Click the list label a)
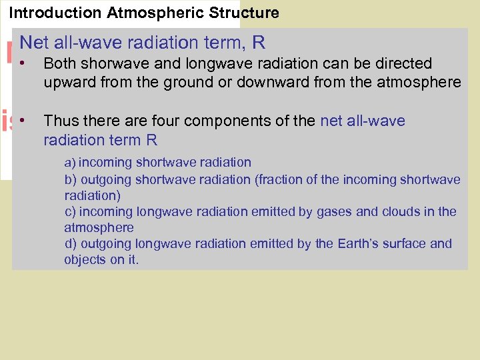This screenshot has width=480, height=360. (70, 163)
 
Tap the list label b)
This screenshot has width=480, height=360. (70, 179)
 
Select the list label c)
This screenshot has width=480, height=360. (70, 212)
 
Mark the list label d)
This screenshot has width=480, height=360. (70, 244)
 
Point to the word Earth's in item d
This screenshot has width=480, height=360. (337, 244)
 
